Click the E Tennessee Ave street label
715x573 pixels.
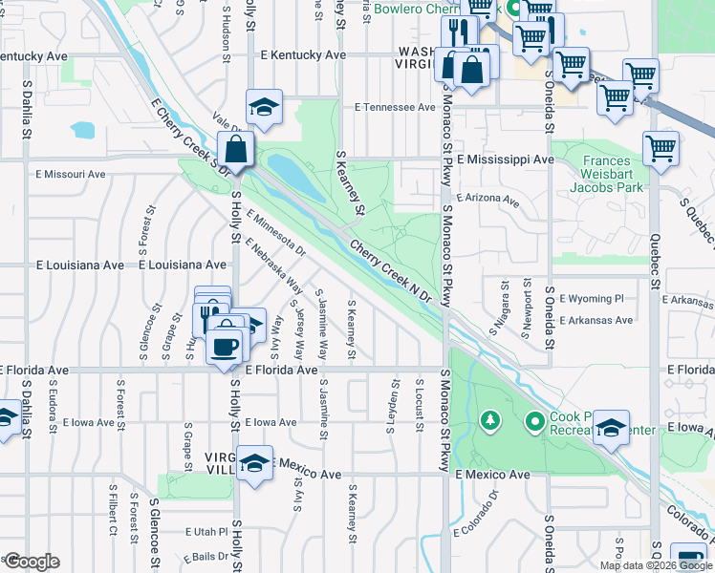[395, 108]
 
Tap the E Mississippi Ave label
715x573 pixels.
[506, 159]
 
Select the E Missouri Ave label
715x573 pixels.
[71, 175]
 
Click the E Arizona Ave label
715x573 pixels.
[487, 202]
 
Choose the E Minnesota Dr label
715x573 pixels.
[274, 234]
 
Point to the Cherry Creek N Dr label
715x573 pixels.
[392, 272]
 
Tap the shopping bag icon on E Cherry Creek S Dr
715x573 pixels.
[235, 150]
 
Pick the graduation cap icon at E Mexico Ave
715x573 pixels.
[254, 464]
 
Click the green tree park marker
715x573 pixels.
[489, 420]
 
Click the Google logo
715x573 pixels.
[31, 562]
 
